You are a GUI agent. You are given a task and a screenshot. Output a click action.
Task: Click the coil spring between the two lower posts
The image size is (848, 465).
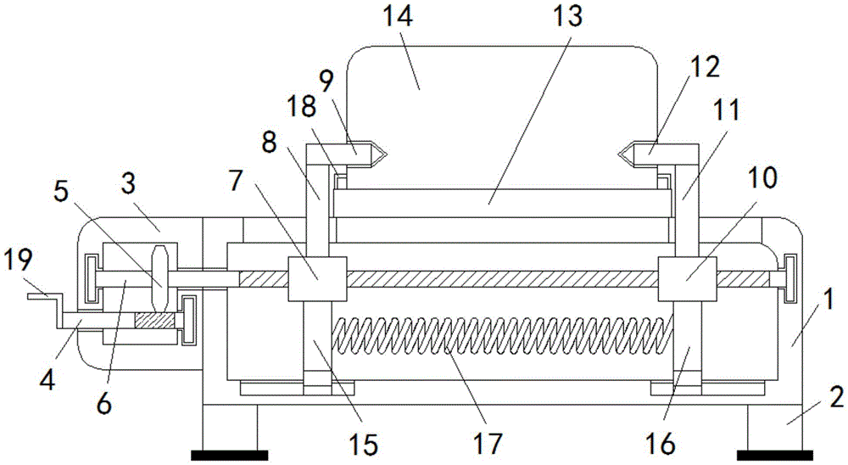[500, 339]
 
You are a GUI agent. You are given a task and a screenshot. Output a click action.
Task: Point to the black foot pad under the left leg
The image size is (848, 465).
[225, 456]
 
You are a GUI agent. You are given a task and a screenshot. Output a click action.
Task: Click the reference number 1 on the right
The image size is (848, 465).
[829, 300]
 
